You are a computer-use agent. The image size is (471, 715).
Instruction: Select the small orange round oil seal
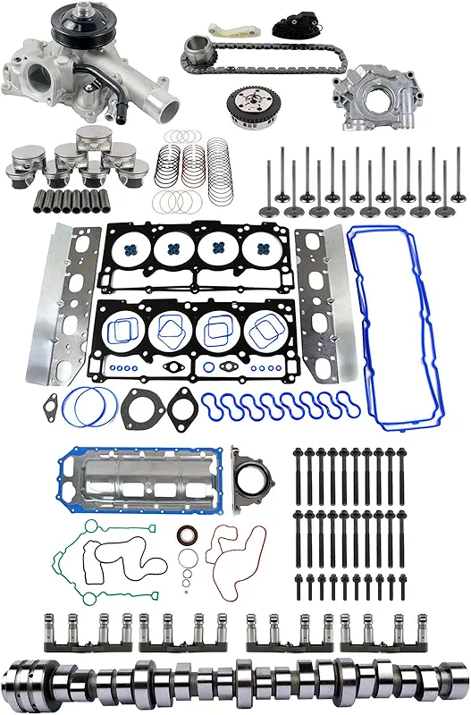pyautogui.click(x=187, y=535)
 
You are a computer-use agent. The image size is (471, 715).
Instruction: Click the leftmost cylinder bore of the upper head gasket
pyautogui.click(x=131, y=251)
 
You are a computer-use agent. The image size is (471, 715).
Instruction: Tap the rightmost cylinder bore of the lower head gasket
pyautogui.click(x=267, y=335)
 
